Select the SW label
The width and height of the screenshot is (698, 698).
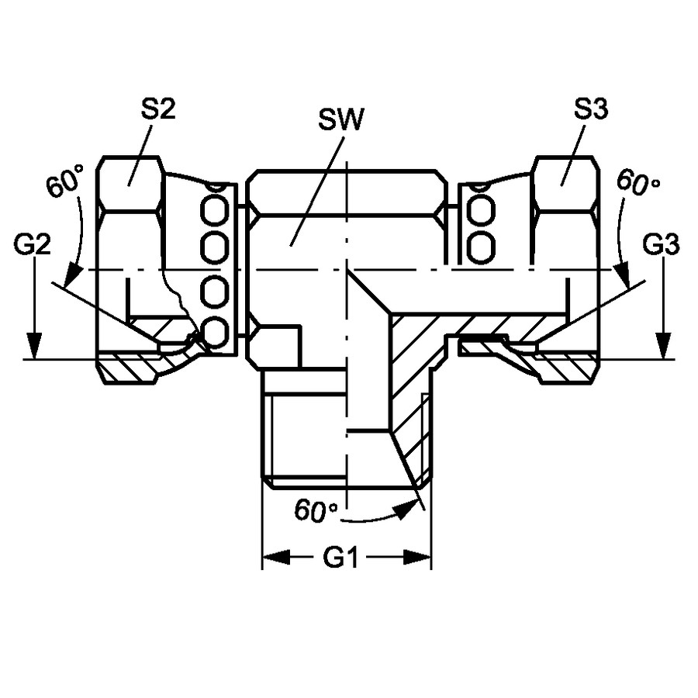[341, 119]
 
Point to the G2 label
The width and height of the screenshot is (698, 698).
[33, 244]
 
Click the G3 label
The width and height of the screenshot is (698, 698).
[661, 244]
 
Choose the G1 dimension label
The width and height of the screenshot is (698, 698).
[341, 557]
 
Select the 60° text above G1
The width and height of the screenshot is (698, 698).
[315, 510]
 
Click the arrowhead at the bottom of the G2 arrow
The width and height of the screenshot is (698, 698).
[34, 345]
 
